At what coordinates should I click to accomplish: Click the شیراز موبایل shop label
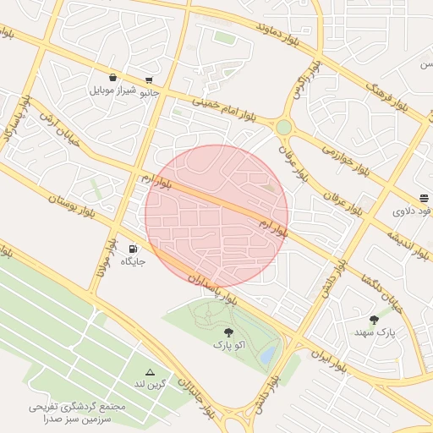[x=112, y=90]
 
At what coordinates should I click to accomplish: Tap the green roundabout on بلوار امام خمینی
[x=283, y=127]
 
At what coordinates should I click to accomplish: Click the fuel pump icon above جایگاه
[x=133, y=249]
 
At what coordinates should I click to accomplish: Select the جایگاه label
[x=133, y=261]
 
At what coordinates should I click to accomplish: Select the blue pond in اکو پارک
[x=267, y=355]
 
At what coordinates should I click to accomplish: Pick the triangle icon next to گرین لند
[x=151, y=372]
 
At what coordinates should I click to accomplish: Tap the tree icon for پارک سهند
[x=375, y=320]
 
